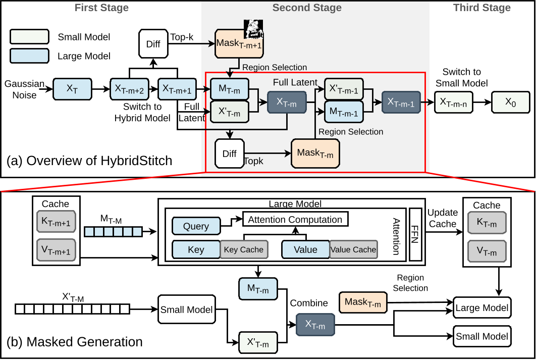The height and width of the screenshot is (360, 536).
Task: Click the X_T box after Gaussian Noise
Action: tap(72, 89)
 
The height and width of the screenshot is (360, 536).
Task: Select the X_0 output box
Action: tap(511, 101)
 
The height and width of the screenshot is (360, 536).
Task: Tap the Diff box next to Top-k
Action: tap(153, 44)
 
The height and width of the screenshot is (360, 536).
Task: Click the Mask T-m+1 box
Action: tap(239, 44)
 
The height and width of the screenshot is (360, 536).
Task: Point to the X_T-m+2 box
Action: tap(129, 89)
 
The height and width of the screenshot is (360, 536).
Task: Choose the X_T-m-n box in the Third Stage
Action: tap(453, 101)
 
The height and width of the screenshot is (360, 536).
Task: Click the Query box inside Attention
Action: tap(196, 226)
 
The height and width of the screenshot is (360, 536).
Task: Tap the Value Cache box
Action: tap(353, 249)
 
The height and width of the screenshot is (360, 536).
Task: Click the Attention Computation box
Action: tap(295, 219)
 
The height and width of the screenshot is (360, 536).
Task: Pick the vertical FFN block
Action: tap(415, 234)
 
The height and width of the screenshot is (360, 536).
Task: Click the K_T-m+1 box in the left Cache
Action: tap(56, 223)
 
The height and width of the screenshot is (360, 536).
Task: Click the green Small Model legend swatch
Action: tap(29, 37)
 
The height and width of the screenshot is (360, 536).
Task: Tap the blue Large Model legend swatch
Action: tap(29, 56)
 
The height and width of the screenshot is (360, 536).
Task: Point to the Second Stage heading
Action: tap(307, 8)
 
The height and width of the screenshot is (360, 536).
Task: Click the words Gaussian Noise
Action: tap(24, 89)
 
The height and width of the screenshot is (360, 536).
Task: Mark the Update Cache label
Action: tap(443, 218)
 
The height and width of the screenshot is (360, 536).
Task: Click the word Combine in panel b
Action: tap(309, 303)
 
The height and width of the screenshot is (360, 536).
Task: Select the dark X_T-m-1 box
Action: tap(401, 101)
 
